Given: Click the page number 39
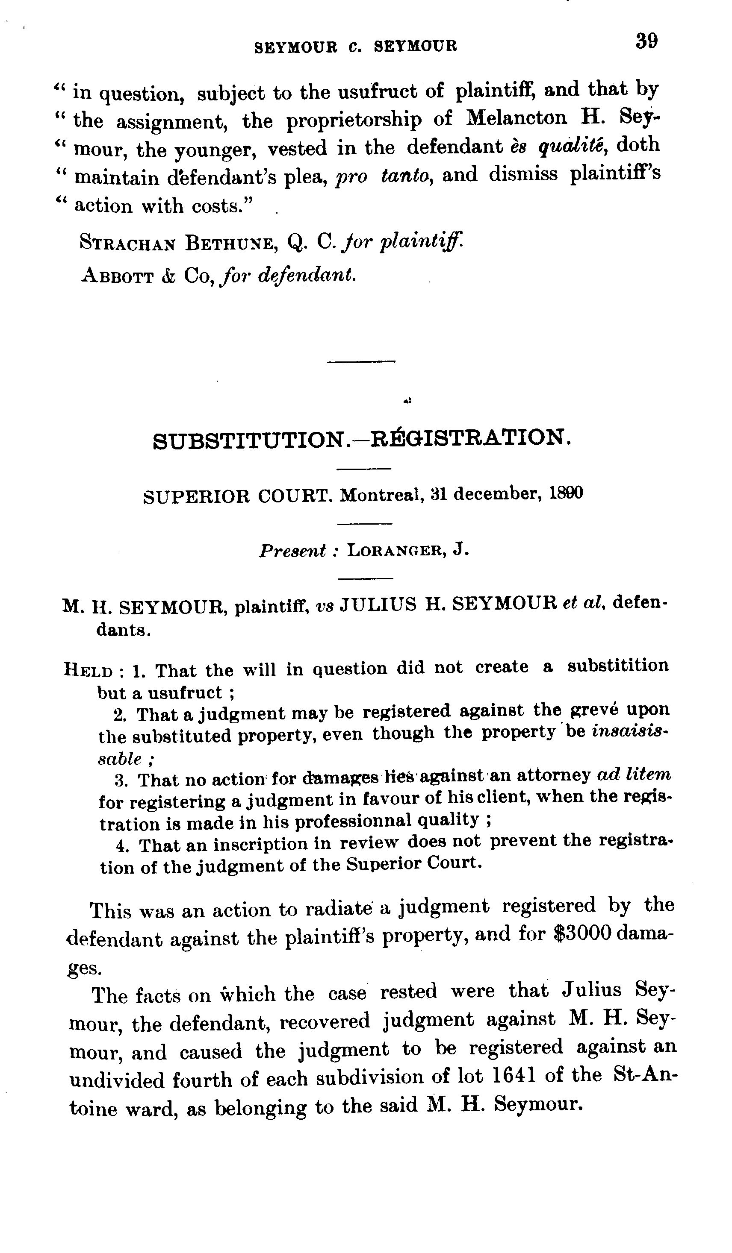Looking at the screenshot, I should [x=646, y=41].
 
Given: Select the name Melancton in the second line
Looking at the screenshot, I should [x=517, y=118].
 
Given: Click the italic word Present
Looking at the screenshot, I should [x=292, y=551].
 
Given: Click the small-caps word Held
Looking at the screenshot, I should [x=88, y=671].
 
